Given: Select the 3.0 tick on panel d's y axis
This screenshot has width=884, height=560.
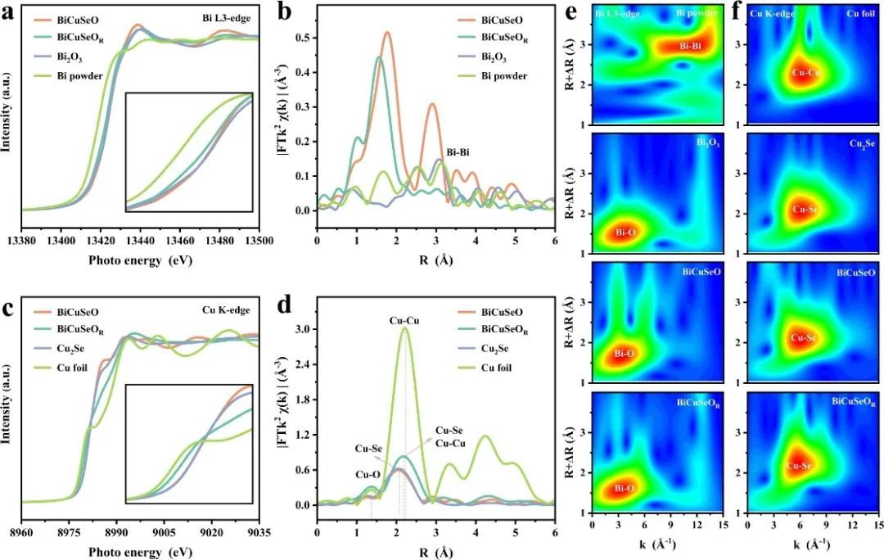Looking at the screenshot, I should tap(303, 329).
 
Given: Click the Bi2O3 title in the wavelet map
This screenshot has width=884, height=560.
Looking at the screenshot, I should tap(709, 141).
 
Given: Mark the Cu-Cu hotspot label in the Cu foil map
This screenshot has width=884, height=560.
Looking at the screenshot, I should tap(806, 74).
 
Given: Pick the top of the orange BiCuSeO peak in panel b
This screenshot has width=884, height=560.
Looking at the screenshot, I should tap(387, 33).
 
